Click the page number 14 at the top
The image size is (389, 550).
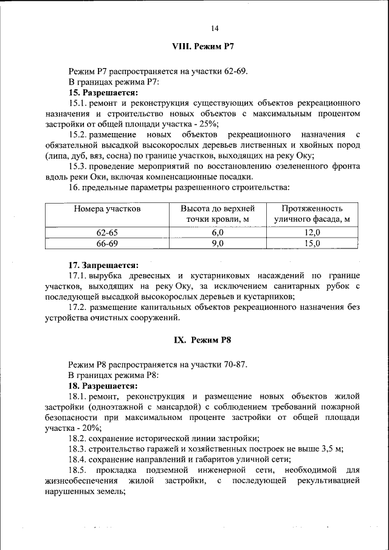pyautogui.click(x=215, y=28)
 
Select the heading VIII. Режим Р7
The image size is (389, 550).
pyautogui.click(x=204, y=46)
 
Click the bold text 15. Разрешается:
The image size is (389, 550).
pyautogui.click(x=103, y=93)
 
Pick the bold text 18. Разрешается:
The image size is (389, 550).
pyautogui.click(x=103, y=385)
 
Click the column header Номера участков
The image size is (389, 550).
pyautogui.click(x=108, y=208)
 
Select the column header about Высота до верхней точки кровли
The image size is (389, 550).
pyautogui.click(x=218, y=213)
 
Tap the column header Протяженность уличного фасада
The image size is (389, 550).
pyautogui.click(x=312, y=213)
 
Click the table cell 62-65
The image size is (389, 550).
pyautogui.click(x=108, y=232)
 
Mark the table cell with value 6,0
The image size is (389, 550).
pyautogui.click(x=218, y=232)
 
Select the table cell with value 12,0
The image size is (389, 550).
pyautogui.click(x=312, y=232)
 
